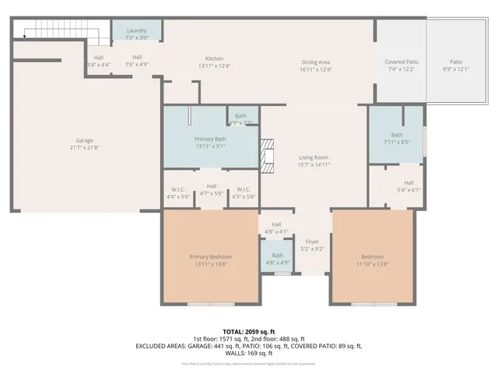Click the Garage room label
point(84,143)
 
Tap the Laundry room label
point(137,34)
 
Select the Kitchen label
point(214,62)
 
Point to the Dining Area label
point(316,65)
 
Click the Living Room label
point(314,161)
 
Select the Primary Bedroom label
point(210,260)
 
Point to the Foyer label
point(312,245)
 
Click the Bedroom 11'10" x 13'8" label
point(372,260)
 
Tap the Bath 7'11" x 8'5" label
point(397,138)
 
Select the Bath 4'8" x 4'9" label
point(278,259)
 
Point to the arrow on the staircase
point(25,35)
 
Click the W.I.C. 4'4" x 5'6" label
point(178,193)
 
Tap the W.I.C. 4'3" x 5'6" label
point(243,193)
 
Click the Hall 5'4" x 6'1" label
point(409,185)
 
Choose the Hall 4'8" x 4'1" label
point(276,228)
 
